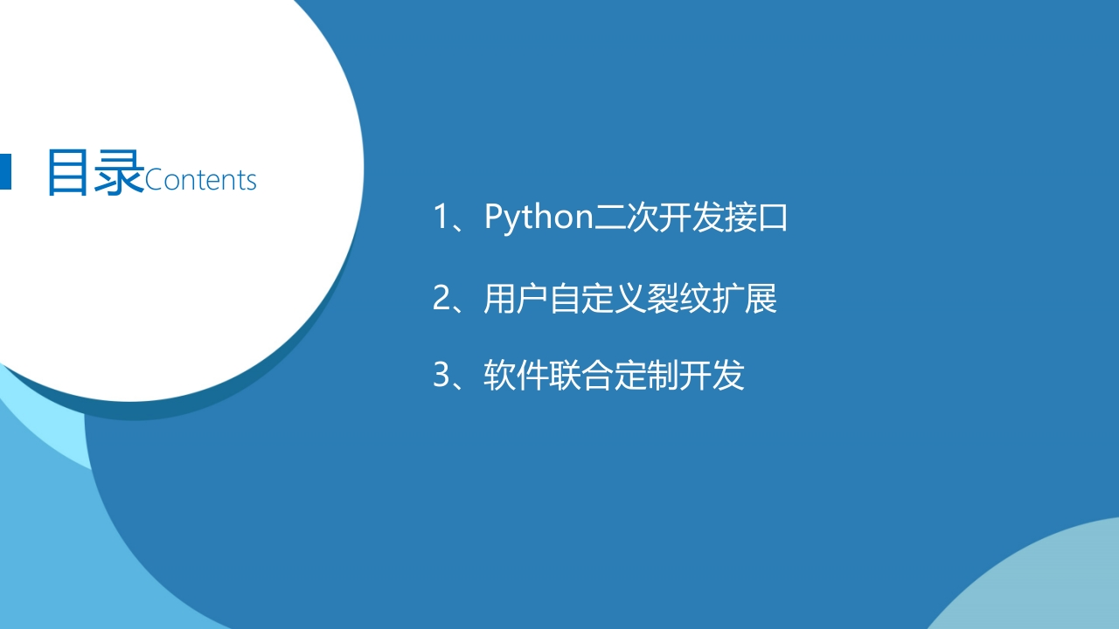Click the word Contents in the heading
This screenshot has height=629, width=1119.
(200, 180)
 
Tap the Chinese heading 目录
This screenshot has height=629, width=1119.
(96, 172)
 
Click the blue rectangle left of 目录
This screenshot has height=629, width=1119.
(5, 172)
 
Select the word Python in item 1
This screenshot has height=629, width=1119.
(539, 218)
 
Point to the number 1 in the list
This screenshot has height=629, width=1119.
(441, 217)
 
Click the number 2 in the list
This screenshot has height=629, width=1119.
(441, 298)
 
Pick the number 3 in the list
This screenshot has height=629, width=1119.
(441, 375)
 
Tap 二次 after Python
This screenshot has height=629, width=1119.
(625, 218)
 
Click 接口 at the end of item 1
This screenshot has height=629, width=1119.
(756, 218)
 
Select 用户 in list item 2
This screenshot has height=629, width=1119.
(516, 299)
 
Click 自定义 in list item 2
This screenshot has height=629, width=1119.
(597, 299)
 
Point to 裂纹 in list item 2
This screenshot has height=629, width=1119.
(679, 299)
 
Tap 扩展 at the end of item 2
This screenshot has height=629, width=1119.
(744, 299)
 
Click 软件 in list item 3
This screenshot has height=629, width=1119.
(516, 376)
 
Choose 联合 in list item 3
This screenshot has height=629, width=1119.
(580, 376)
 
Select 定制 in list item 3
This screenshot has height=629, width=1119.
(646, 376)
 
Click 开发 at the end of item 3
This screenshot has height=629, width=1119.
(712, 376)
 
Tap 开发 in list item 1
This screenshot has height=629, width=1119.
(691, 218)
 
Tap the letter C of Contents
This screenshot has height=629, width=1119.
(153, 180)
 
